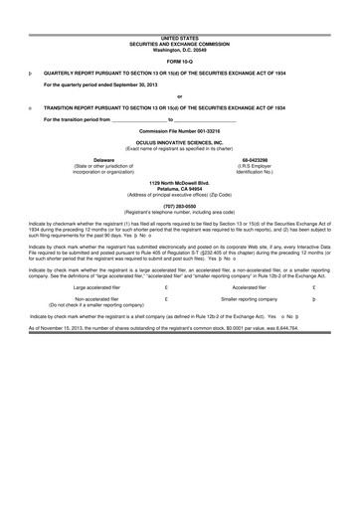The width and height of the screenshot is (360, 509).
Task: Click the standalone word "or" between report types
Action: pyautogui.click(x=180, y=95)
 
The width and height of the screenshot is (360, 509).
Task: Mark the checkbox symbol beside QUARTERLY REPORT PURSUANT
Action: pyautogui.click(x=31, y=74)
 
